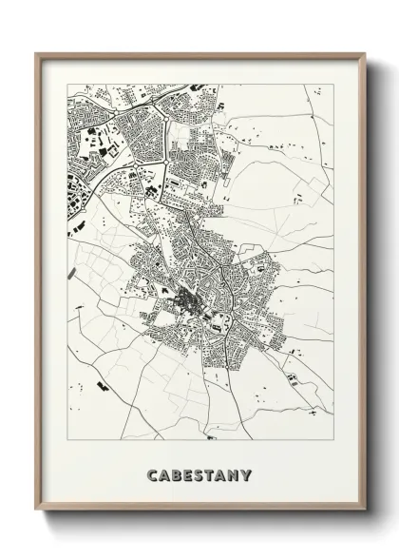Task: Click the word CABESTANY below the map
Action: [x=199, y=472]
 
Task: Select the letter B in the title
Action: [x=177, y=472]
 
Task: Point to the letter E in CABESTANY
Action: [x=188, y=472]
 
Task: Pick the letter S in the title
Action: [x=199, y=472]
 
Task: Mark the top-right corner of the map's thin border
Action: [x=334, y=85]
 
